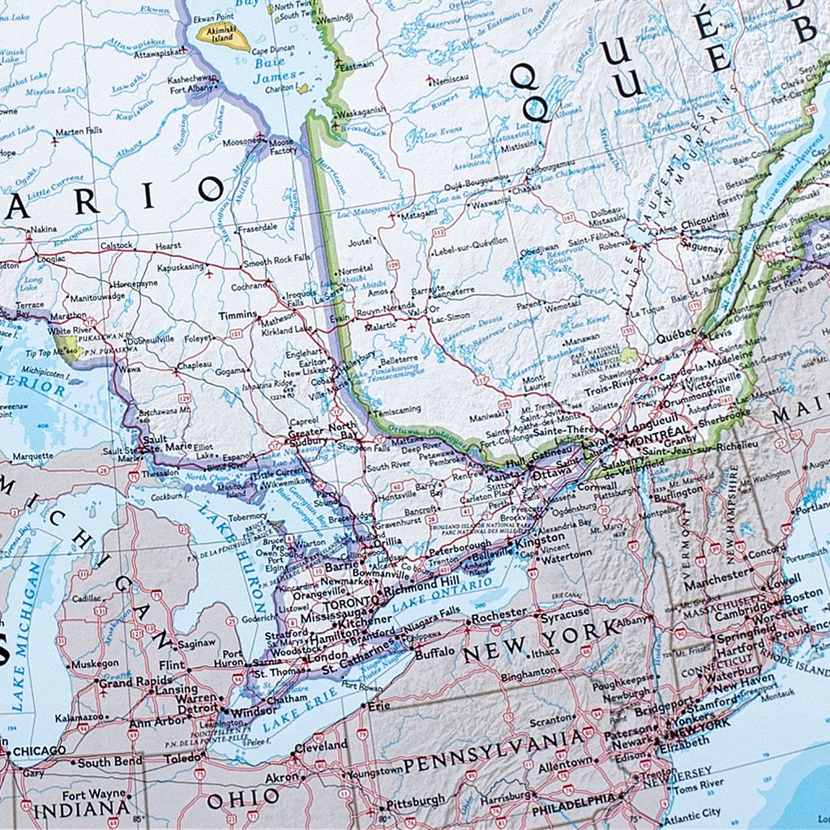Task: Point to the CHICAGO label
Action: point(39,751)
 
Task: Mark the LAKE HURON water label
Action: point(249,567)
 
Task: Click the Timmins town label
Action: point(237,314)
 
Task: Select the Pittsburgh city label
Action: point(416,801)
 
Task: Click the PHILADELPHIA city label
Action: point(574,800)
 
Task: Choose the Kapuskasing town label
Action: point(183,267)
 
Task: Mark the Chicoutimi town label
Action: point(704,219)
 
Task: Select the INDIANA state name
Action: point(81,808)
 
